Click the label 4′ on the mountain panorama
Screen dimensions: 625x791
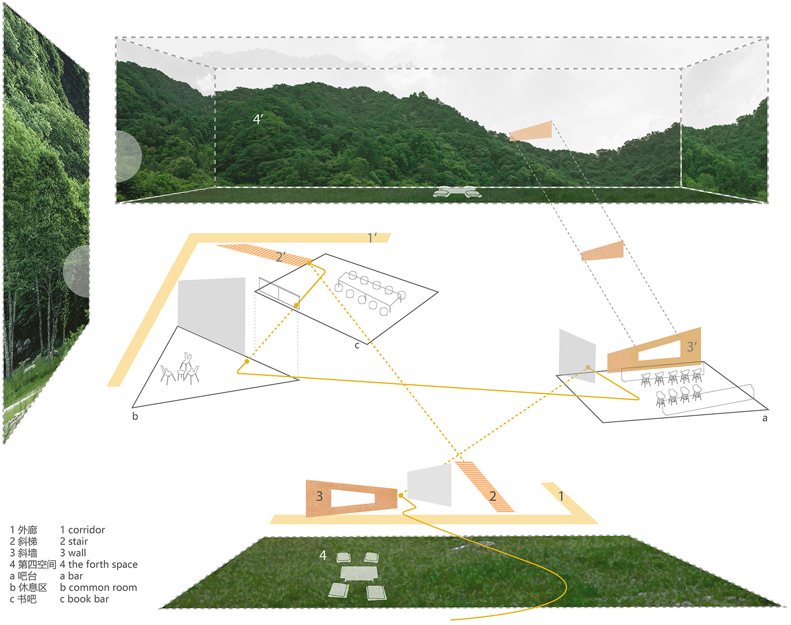click(258, 120)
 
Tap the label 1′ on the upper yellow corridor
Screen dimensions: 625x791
click(372, 238)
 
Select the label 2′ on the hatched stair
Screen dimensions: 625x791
click(281, 256)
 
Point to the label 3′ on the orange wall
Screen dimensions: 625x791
click(692, 347)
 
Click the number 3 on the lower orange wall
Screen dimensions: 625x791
click(319, 496)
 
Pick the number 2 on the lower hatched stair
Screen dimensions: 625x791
click(493, 497)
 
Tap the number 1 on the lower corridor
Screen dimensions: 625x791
click(561, 496)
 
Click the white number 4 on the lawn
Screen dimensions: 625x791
click(323, 555)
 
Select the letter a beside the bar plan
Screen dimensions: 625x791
click(764, 418)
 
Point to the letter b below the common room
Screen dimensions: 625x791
click(135, 416)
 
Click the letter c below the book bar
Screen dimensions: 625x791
click(357, 345)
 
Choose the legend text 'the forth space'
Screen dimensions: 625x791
click(103, 565)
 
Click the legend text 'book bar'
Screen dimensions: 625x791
click(88, 599)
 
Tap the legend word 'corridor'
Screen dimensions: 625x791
click(87, 530)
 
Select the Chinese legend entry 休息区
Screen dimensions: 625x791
click(33, 587)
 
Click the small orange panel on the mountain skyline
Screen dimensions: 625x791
click(531, 131)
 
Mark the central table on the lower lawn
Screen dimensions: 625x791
click(358, 573)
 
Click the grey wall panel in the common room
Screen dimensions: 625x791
click(212, 312)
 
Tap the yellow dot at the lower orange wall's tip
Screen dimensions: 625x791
click(401, 496)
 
